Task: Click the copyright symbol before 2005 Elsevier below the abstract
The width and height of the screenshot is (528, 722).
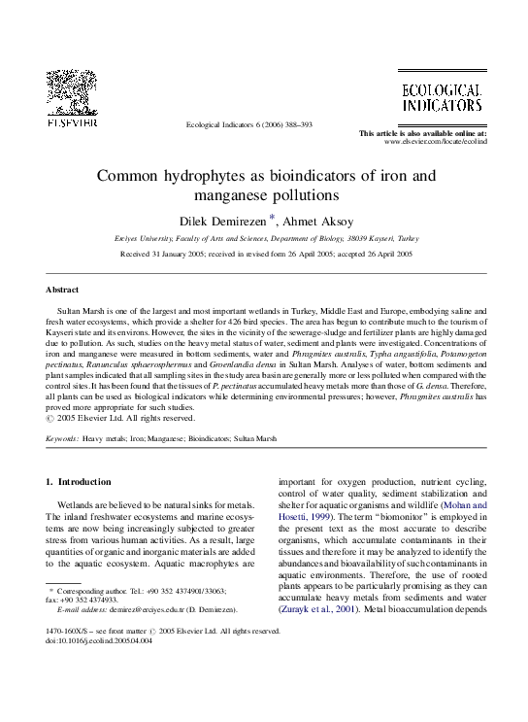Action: [50, 419]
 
